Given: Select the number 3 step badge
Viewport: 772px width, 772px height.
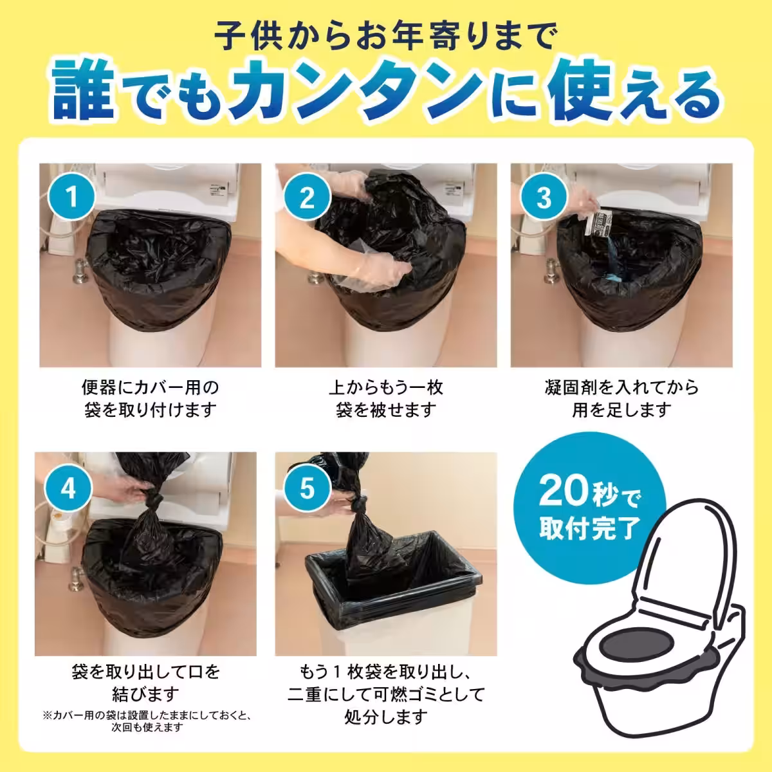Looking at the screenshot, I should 544,198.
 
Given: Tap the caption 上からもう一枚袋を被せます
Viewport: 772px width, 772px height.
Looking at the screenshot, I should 385,398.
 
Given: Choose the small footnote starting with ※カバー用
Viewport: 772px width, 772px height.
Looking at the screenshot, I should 147,721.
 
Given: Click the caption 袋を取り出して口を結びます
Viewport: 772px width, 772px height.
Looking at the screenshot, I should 147,683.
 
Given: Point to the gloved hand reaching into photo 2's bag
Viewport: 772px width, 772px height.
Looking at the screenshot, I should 380,270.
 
